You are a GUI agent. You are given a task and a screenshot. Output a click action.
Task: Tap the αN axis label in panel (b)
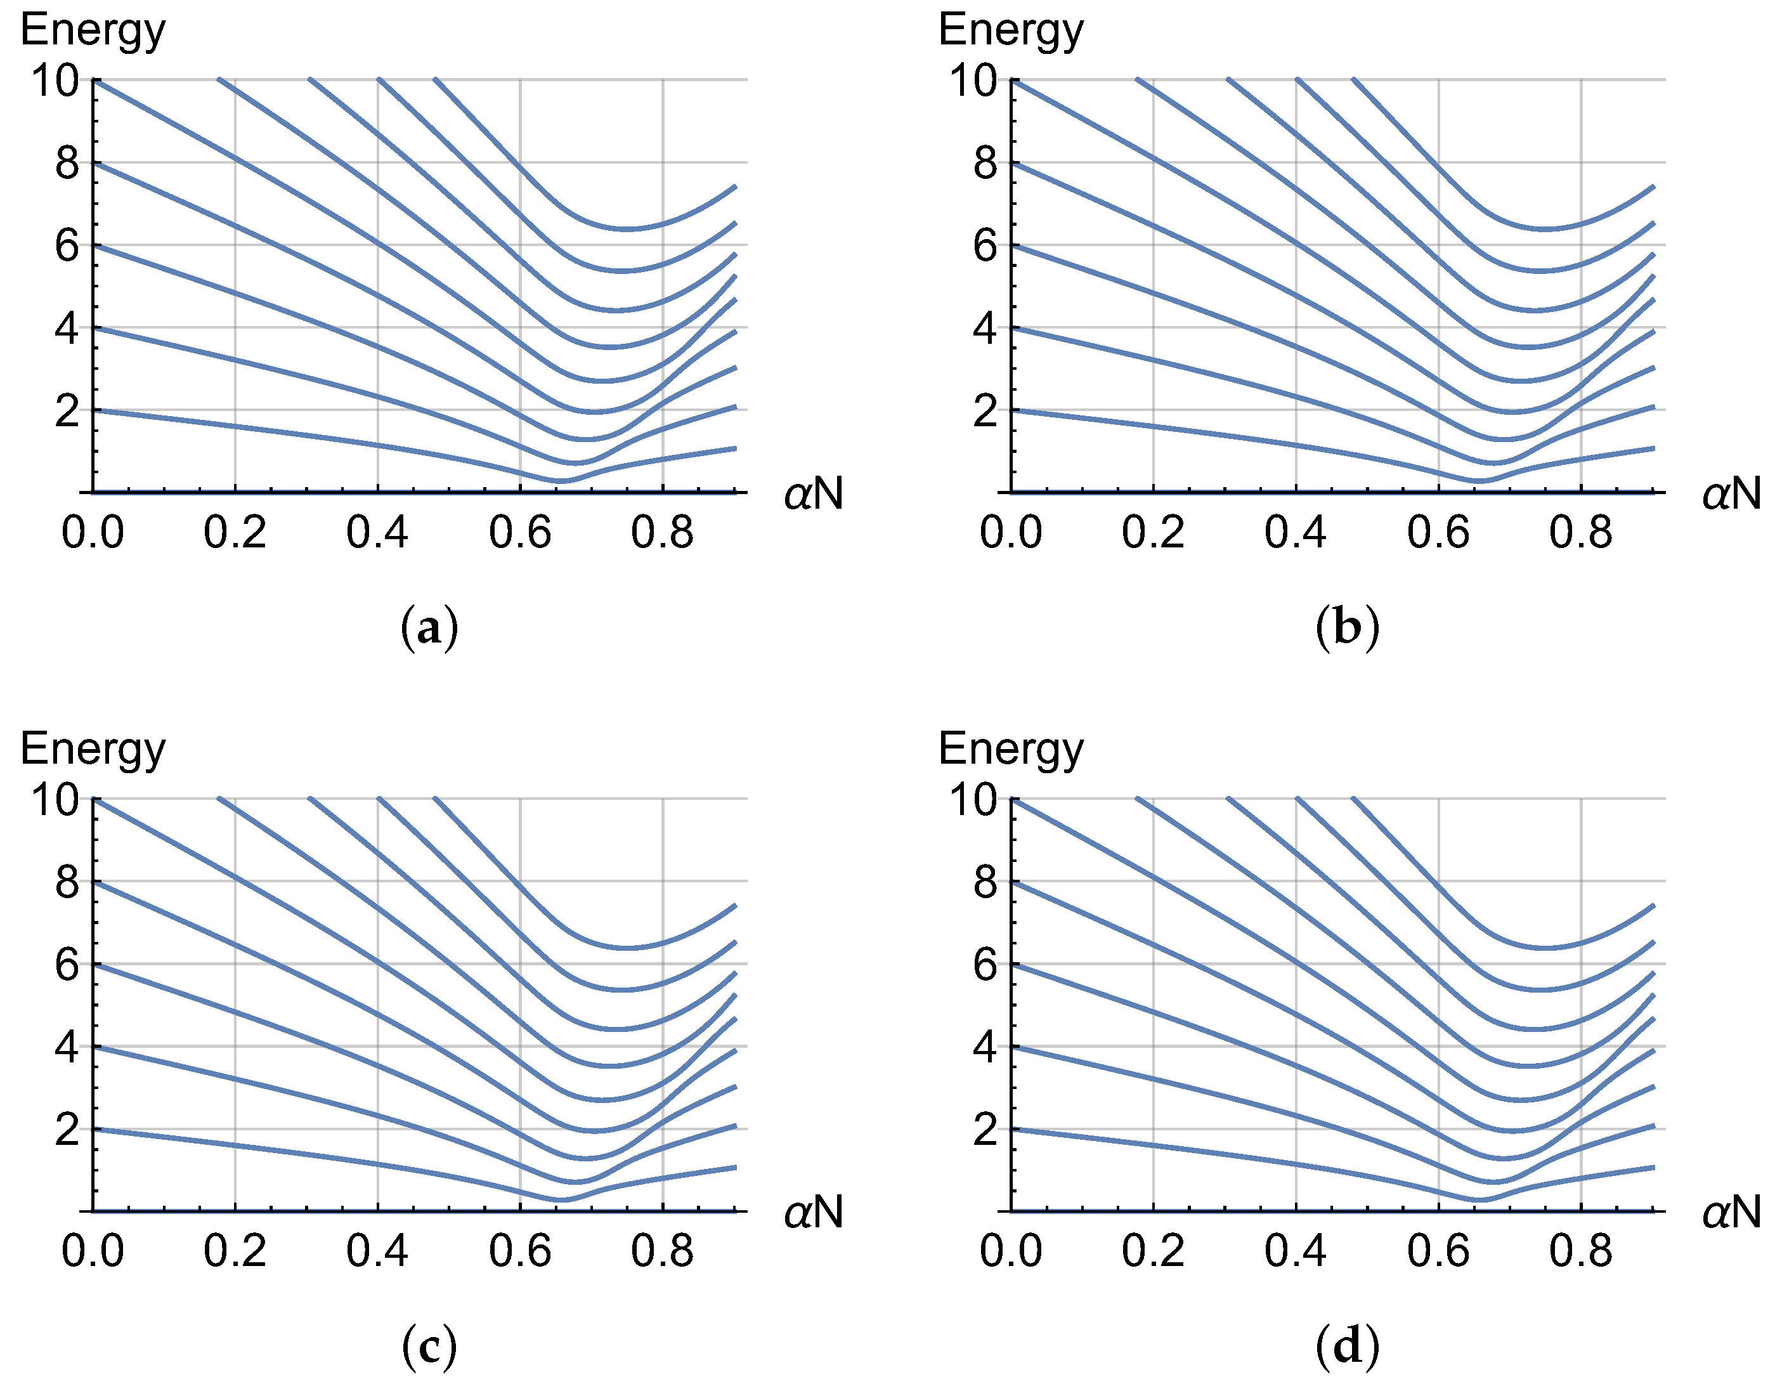(x=1731, y=493)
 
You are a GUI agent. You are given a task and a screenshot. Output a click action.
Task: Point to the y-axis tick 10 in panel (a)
(x=55, y=81)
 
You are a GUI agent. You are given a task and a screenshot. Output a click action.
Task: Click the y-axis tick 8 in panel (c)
(x=67, y=882)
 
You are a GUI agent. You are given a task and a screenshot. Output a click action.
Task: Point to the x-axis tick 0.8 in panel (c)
(x=661, y=1251)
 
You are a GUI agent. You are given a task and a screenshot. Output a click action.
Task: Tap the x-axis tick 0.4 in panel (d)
(x=1295, y=1251)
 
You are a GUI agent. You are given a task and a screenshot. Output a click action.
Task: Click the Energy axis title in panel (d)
(x=1010, y=748)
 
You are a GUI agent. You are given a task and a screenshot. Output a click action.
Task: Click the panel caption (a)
(x=429, y=628)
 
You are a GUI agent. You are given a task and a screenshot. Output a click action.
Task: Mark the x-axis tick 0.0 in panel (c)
(x=93, y=1251)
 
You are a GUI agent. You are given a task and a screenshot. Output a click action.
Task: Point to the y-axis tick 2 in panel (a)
(x=67, y=411)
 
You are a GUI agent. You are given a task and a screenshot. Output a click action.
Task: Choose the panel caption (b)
(x=1347, y=628)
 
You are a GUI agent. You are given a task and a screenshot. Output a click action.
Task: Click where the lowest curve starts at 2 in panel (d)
(x=1012, y=1130)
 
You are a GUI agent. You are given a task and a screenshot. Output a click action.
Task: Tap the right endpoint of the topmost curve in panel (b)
(x=1653, y=187)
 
